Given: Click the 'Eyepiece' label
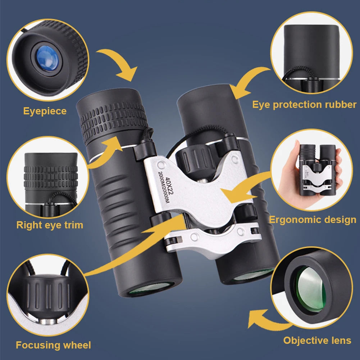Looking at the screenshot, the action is pyautogui.click(x=45, y=111).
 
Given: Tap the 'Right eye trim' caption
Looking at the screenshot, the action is pyautogui.click(x=50, y=225).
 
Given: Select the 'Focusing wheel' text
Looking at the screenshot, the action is pyautogui.click(x=53, y=345).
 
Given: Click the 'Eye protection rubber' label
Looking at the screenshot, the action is pyautogui.click(x=305, y=105).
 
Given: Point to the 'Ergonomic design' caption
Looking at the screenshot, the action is pyautogui.click(x=313, y=220).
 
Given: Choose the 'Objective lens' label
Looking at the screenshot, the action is pyautogui.click(x=317, y=340).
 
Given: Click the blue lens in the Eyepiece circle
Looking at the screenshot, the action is pyautogui.click(x=47, y=58).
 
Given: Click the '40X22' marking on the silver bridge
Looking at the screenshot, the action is pyautogui.click(x=169, y=186).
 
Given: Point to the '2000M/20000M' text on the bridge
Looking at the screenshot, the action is pyautogui.click(x=164, y=187).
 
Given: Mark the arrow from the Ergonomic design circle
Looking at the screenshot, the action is pyautogui.click(x=243, y=187).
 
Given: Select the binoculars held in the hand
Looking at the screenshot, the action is pyautogui.click(x=317, y=170).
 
